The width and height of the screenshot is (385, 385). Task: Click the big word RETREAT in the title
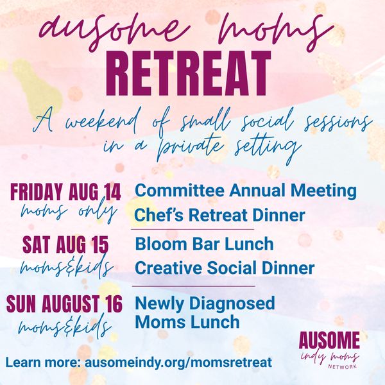[188, 73]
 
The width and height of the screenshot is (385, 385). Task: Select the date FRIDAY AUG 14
[65, 192]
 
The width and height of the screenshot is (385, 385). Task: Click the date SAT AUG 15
[65, 244]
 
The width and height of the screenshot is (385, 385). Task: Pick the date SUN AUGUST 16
[64, 304]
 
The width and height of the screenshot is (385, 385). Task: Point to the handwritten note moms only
[68, 212]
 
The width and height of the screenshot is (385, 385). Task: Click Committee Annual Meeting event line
[246, 191]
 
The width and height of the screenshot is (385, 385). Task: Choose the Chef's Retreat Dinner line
[219, 215]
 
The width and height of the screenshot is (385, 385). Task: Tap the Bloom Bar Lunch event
[204, 244]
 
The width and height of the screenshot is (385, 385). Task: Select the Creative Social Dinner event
[225, 268]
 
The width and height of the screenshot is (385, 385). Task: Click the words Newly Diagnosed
[205, 304]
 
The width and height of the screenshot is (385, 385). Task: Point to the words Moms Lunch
[187, 321]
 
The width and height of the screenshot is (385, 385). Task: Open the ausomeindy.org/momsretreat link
[178, 363]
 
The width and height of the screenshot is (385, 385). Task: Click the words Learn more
[44, 362]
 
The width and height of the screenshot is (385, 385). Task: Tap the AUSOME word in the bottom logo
[329, 340]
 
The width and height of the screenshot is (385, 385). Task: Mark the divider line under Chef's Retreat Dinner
[193, 230]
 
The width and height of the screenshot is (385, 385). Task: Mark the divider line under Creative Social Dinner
[194, 286]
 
